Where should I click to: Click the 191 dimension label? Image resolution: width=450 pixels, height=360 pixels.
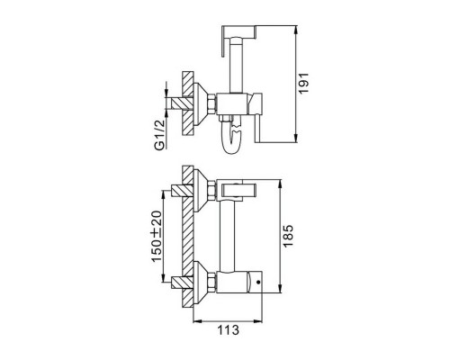point(304,84)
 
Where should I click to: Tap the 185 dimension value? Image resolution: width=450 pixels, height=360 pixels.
point(288,236)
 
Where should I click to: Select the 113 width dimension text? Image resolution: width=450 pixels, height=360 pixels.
point(228,330)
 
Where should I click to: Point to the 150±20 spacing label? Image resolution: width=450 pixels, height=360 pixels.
point(157,237)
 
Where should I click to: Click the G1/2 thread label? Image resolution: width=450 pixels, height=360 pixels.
point(159,134)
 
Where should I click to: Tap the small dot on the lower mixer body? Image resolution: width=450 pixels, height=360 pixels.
point(257,283)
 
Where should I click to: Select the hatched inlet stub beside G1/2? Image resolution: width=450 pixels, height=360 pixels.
point(183,103)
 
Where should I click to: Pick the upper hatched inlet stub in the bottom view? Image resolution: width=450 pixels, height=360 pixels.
point(183,191)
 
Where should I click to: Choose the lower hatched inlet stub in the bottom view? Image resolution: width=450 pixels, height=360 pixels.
point(183,283)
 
